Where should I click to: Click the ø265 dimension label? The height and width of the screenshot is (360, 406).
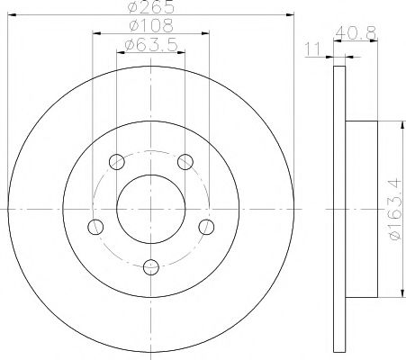click(x=149, y=7)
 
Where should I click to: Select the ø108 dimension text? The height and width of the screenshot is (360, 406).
click(x=149, y=26)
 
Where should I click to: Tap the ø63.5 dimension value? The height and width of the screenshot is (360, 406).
click(x=149, y=44)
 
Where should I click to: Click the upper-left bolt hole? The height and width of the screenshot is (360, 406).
click(x=116, y=162)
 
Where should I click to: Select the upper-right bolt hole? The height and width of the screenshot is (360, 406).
click(x=185, y=162)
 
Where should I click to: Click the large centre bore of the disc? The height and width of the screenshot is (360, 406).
click(x=150, y=207)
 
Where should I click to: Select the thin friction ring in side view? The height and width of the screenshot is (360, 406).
click(x=339, y=207)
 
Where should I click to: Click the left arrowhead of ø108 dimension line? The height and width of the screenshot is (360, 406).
click(x=95, y=34)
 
